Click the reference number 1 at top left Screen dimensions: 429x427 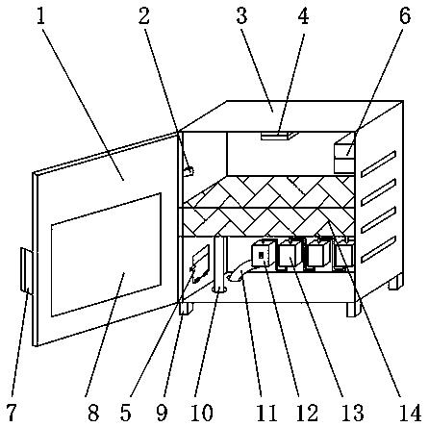click(x=40, y=16)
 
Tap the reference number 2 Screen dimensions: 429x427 click(x=144, y=16)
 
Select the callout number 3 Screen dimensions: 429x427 click(x=242, y=16)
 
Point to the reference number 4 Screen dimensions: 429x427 click(x=303, y=16)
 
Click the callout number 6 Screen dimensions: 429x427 click(x=405, y=16)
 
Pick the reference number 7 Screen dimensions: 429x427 click(x=12, y=413)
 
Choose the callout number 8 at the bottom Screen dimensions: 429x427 click(x=93, y=413)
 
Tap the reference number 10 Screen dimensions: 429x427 click(x=202, y=413)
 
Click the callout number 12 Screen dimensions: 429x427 click(x=307, y=413)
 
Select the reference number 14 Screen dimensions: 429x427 click(x=410, y=413)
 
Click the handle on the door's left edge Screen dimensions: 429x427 click(x=26, y=270)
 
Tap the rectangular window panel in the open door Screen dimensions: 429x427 click(x=106, y=255)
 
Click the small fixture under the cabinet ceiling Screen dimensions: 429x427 click(x=278, y=136)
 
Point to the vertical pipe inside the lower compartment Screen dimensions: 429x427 click(x=219, y=264)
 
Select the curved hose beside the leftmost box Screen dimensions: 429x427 click(x=238, y=272)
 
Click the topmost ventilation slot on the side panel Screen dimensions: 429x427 click(x=379, y=163)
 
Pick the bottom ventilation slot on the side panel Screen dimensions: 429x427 click(x=379, y=249)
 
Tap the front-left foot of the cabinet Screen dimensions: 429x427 click(x=187, y=309)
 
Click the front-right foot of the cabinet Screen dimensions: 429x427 click(x=354, y=310)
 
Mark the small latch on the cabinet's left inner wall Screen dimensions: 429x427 click(x=189, y=171)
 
